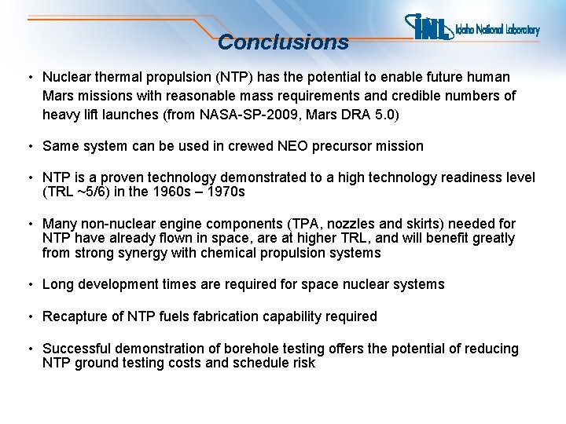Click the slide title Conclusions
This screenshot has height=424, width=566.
pyautogui.click(x=283, y=42)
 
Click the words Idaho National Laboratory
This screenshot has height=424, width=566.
pyautogui.click(x=498, y=30)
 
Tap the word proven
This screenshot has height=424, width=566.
pyautogui.click(x=125, y=177)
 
